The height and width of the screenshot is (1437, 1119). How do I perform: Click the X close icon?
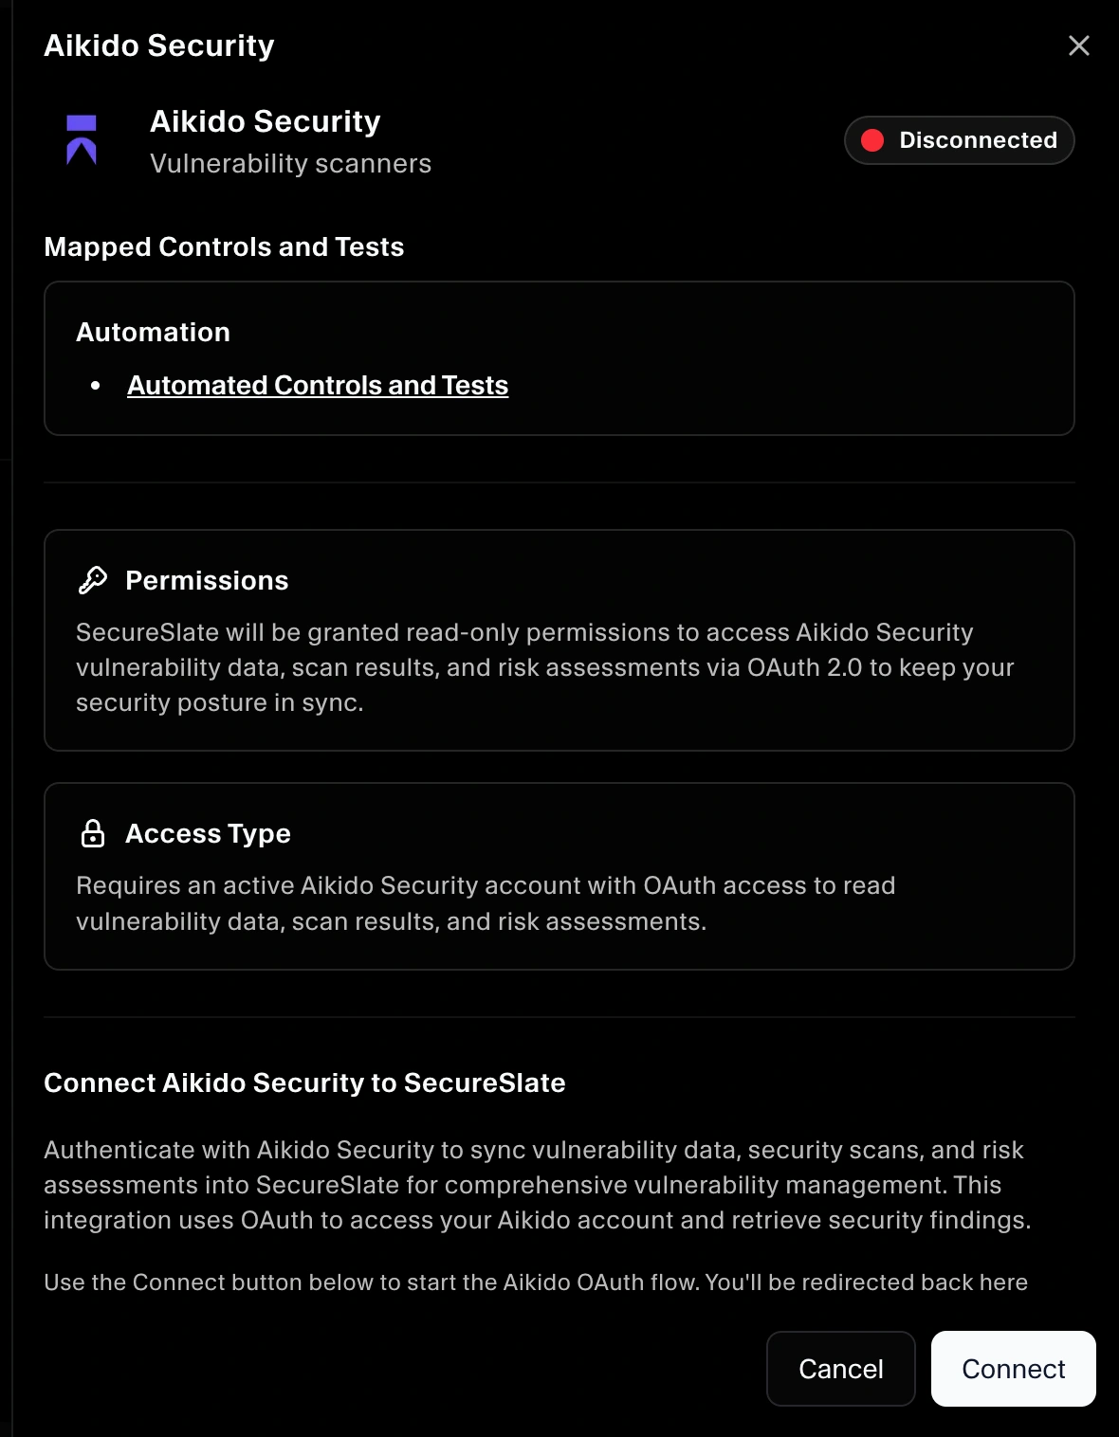(x=1078, y=45)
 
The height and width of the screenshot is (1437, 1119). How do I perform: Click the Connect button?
(x=1013, y=1369)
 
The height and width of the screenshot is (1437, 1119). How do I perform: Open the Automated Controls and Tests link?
(x=318, y=386)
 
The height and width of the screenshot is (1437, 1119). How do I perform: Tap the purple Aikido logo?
(x=82, y=140)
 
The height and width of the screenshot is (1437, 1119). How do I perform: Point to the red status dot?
(x=872, y=140)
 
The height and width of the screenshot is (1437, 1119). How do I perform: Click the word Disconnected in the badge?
(x=978, y=140)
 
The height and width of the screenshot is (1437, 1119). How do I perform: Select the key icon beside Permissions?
(x=93, y=580)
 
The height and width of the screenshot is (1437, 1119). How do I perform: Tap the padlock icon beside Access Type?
(x=93, y=833)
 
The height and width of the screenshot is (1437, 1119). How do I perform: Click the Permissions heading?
(x=207, y=580)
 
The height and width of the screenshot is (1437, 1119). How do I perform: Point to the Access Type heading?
(x=208, y=833)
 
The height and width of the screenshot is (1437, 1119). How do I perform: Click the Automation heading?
(x=153, y=332)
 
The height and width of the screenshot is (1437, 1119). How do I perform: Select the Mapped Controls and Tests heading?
(x=224, y=246)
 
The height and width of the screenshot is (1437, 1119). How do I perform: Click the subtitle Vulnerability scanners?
(x=290, y=164)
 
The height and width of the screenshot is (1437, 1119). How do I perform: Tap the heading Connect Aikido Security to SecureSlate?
(x=304, y=1082)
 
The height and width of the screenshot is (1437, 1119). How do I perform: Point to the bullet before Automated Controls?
(x=96, y=386)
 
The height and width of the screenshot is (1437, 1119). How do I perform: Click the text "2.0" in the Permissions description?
(x=844, y=667)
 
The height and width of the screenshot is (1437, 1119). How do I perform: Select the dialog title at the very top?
(x=159, y=45)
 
